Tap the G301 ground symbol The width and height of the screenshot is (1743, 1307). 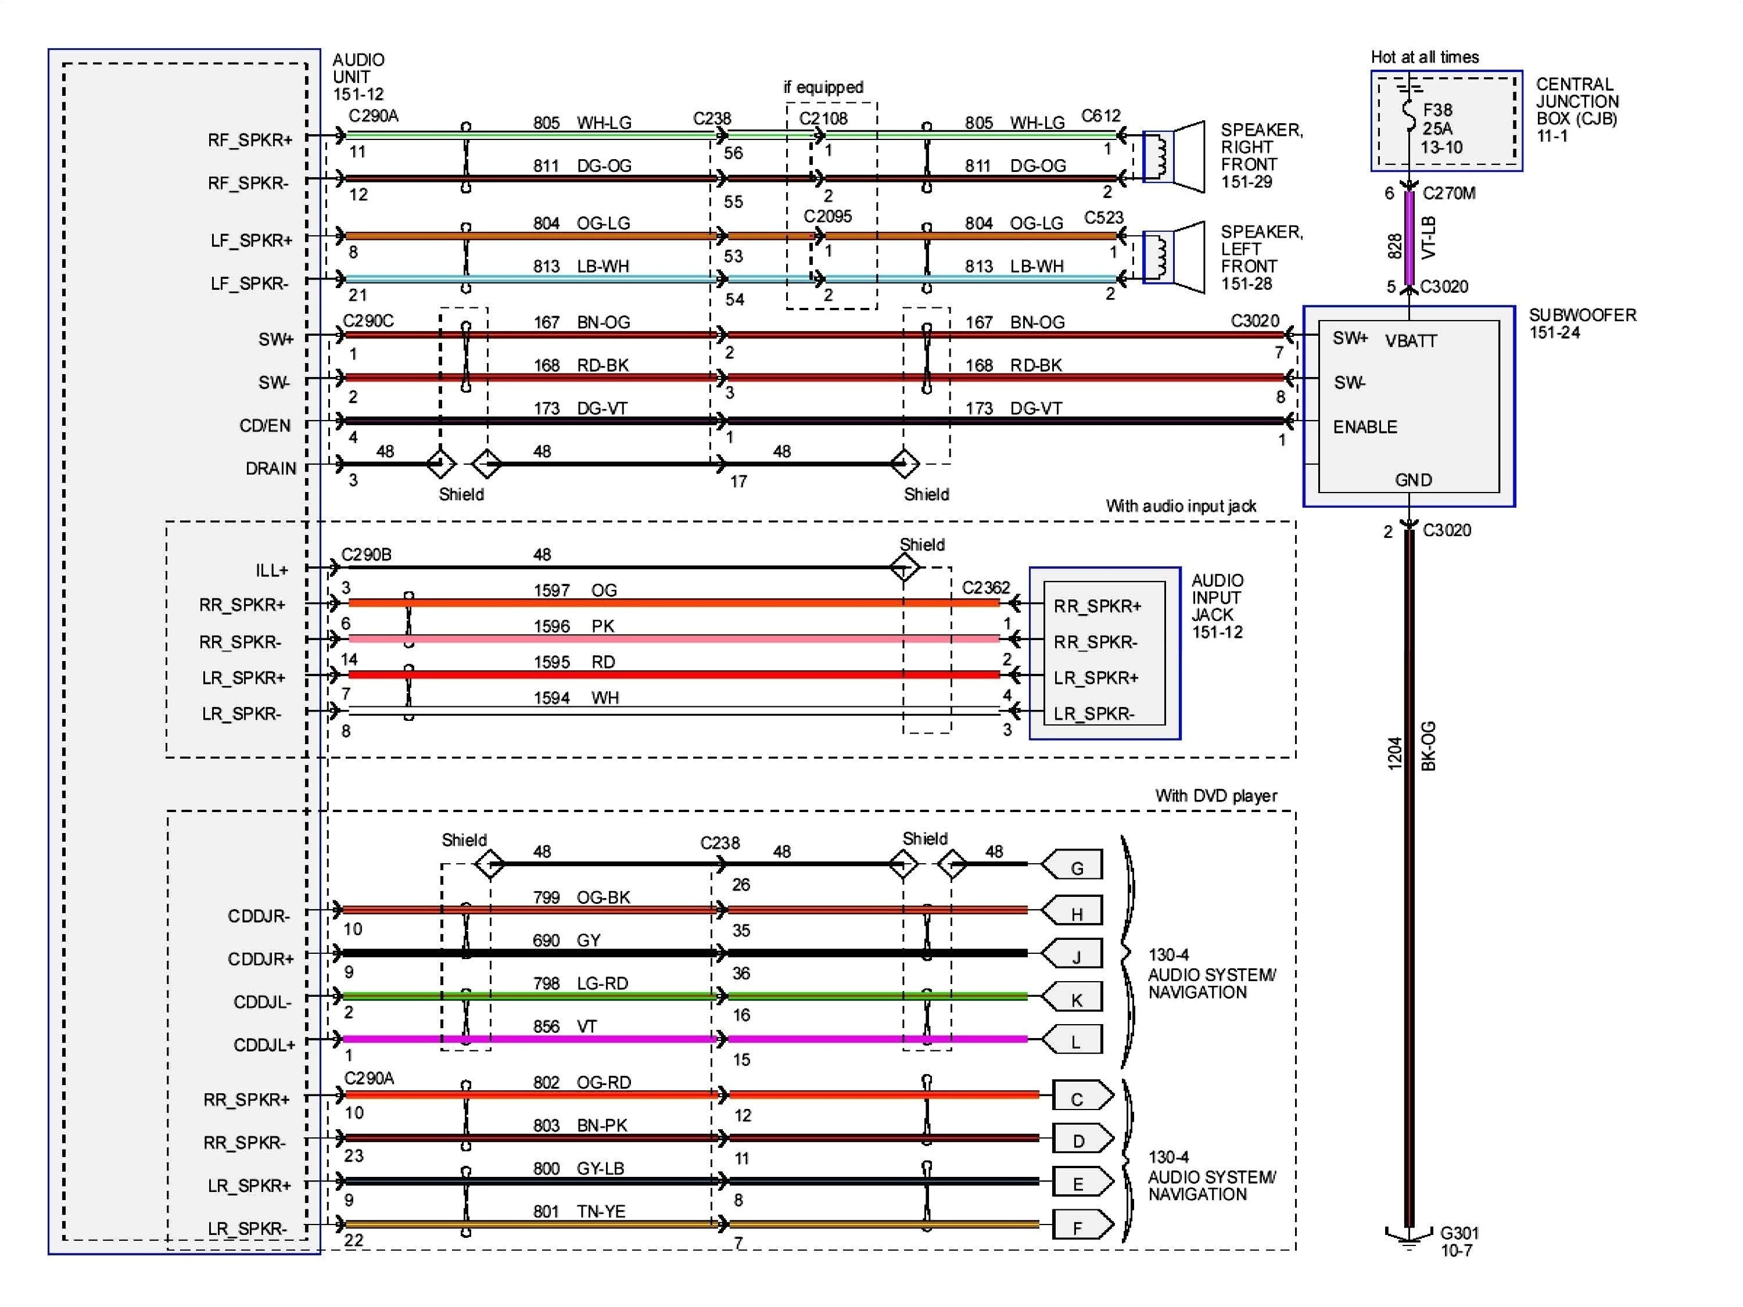click(1409, 1238)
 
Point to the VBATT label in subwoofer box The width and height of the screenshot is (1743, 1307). click(1411, 341)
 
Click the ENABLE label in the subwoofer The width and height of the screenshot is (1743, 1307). click(1365, 427)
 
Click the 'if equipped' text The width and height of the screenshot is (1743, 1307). click(823, 88)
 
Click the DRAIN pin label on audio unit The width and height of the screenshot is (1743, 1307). click(270, 469)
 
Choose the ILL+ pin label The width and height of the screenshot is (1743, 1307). click(271, 570)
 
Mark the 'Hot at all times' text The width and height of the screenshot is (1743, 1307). click(1425, 57)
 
